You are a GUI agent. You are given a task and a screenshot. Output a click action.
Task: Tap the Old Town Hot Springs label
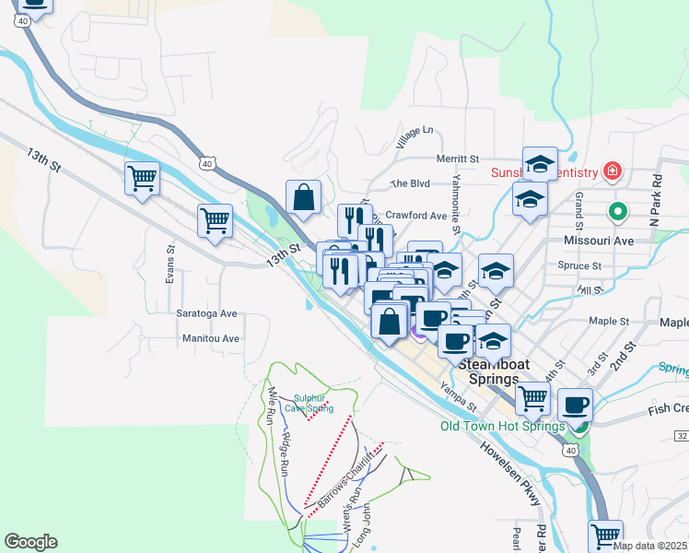[x=502, y=426]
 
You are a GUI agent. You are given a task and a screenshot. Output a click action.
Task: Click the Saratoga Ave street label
[x=206, y=313]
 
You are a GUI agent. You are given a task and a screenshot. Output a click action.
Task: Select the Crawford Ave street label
[x=415, y=215]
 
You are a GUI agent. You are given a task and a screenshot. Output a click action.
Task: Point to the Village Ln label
[x=414, y=137]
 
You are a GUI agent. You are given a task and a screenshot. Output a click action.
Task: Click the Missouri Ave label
[x=598, y=240]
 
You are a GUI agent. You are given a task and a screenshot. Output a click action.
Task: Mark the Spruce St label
[x=579, y=265]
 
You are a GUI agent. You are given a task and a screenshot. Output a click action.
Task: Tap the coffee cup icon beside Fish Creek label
[x=575, y=405]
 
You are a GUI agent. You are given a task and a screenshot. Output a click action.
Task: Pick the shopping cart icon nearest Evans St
[x=214, y=219]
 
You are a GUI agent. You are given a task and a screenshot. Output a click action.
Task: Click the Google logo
[x=30, y=542]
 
